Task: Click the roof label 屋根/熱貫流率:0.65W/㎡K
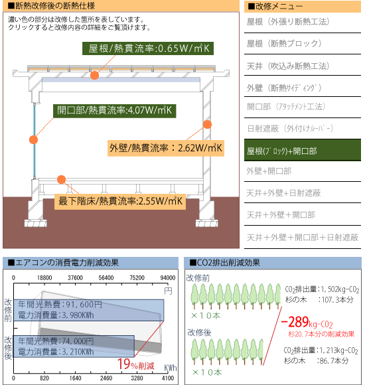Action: click(148, 48)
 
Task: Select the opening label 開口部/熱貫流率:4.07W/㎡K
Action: click(114, 111)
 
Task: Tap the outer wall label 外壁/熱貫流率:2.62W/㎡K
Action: click(166, 148)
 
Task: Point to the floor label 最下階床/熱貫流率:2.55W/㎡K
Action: click(120, 202)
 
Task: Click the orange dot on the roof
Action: click(94, 75)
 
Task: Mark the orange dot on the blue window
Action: click(33, 139)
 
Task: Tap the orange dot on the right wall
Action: click(208, 125)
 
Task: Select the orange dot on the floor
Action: click(61, 179)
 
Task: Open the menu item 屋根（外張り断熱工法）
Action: click(288, 22)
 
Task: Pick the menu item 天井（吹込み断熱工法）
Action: click(288, 66)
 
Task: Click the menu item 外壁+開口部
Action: click(269, 171)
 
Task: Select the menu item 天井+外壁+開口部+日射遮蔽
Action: click(303, 238)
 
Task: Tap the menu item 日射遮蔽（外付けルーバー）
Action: click(290, 128)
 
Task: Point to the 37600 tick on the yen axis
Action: click(75, 277)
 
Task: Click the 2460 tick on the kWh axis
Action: click(106, 378)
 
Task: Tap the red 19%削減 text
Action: click(136, 364)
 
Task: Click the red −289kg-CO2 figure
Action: click(307, 322)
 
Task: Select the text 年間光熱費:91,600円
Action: click(60, 305)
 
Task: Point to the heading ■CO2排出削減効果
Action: click(225, 263)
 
